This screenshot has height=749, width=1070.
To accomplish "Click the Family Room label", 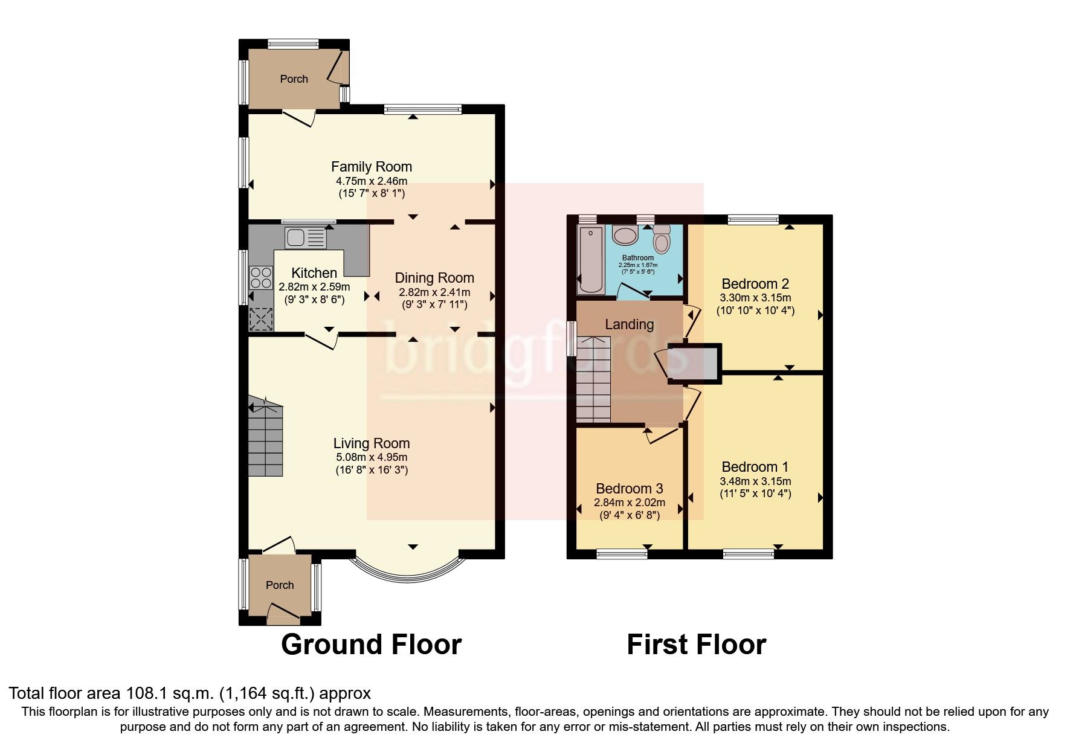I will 371,167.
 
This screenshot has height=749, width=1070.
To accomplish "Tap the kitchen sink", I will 306,237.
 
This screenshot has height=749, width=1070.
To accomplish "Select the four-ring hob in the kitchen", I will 260,278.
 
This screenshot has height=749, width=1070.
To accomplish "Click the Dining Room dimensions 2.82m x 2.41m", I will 434,292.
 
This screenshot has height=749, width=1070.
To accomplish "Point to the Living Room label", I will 371,443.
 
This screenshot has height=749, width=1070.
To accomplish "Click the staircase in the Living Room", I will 265,440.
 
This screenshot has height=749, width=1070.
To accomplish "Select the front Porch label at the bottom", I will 280,585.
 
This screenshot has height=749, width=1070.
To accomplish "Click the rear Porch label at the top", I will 294,79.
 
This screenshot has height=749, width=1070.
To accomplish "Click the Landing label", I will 629,324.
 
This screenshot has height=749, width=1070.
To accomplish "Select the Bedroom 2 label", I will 755,284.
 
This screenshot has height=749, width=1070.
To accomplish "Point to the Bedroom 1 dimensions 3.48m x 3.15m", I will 755,481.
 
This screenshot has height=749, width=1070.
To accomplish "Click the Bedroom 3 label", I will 629,489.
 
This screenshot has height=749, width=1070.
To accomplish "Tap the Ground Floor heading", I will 371,645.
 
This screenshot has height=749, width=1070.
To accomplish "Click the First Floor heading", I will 696,645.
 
